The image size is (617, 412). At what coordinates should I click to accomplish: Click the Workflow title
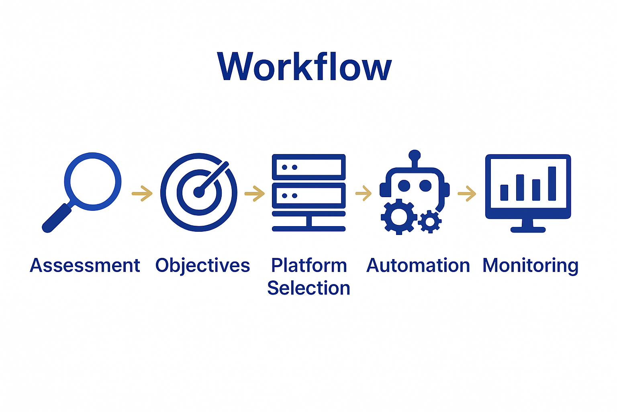point(304,67)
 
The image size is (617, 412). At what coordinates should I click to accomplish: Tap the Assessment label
point(85,266)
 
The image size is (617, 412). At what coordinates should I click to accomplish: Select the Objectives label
point(202,266)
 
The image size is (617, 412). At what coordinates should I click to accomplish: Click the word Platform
point(308,266)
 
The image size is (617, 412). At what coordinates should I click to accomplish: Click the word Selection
point(308,288)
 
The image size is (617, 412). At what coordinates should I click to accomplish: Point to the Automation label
point(418,266)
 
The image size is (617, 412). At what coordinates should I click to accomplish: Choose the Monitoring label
point(530,266)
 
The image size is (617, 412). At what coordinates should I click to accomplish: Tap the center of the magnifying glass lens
point(93,181)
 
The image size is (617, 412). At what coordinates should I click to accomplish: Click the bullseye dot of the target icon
point(199,193)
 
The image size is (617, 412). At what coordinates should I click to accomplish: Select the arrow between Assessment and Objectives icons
point(142,194)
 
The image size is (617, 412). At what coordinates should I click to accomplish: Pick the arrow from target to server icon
point(255,194)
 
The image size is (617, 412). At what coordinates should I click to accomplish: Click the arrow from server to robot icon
point(364,193)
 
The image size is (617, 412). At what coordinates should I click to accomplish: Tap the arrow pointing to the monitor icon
point(467,194)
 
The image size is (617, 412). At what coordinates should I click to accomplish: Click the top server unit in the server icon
point(308,167)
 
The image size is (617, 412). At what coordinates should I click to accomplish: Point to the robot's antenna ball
point(414,155)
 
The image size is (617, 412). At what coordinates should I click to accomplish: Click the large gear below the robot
point(398,217)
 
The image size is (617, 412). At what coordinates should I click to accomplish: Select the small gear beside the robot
point(430,221)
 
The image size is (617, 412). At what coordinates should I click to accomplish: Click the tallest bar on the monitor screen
point(552,183)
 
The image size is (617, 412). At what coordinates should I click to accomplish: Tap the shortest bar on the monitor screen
point(504,192)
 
